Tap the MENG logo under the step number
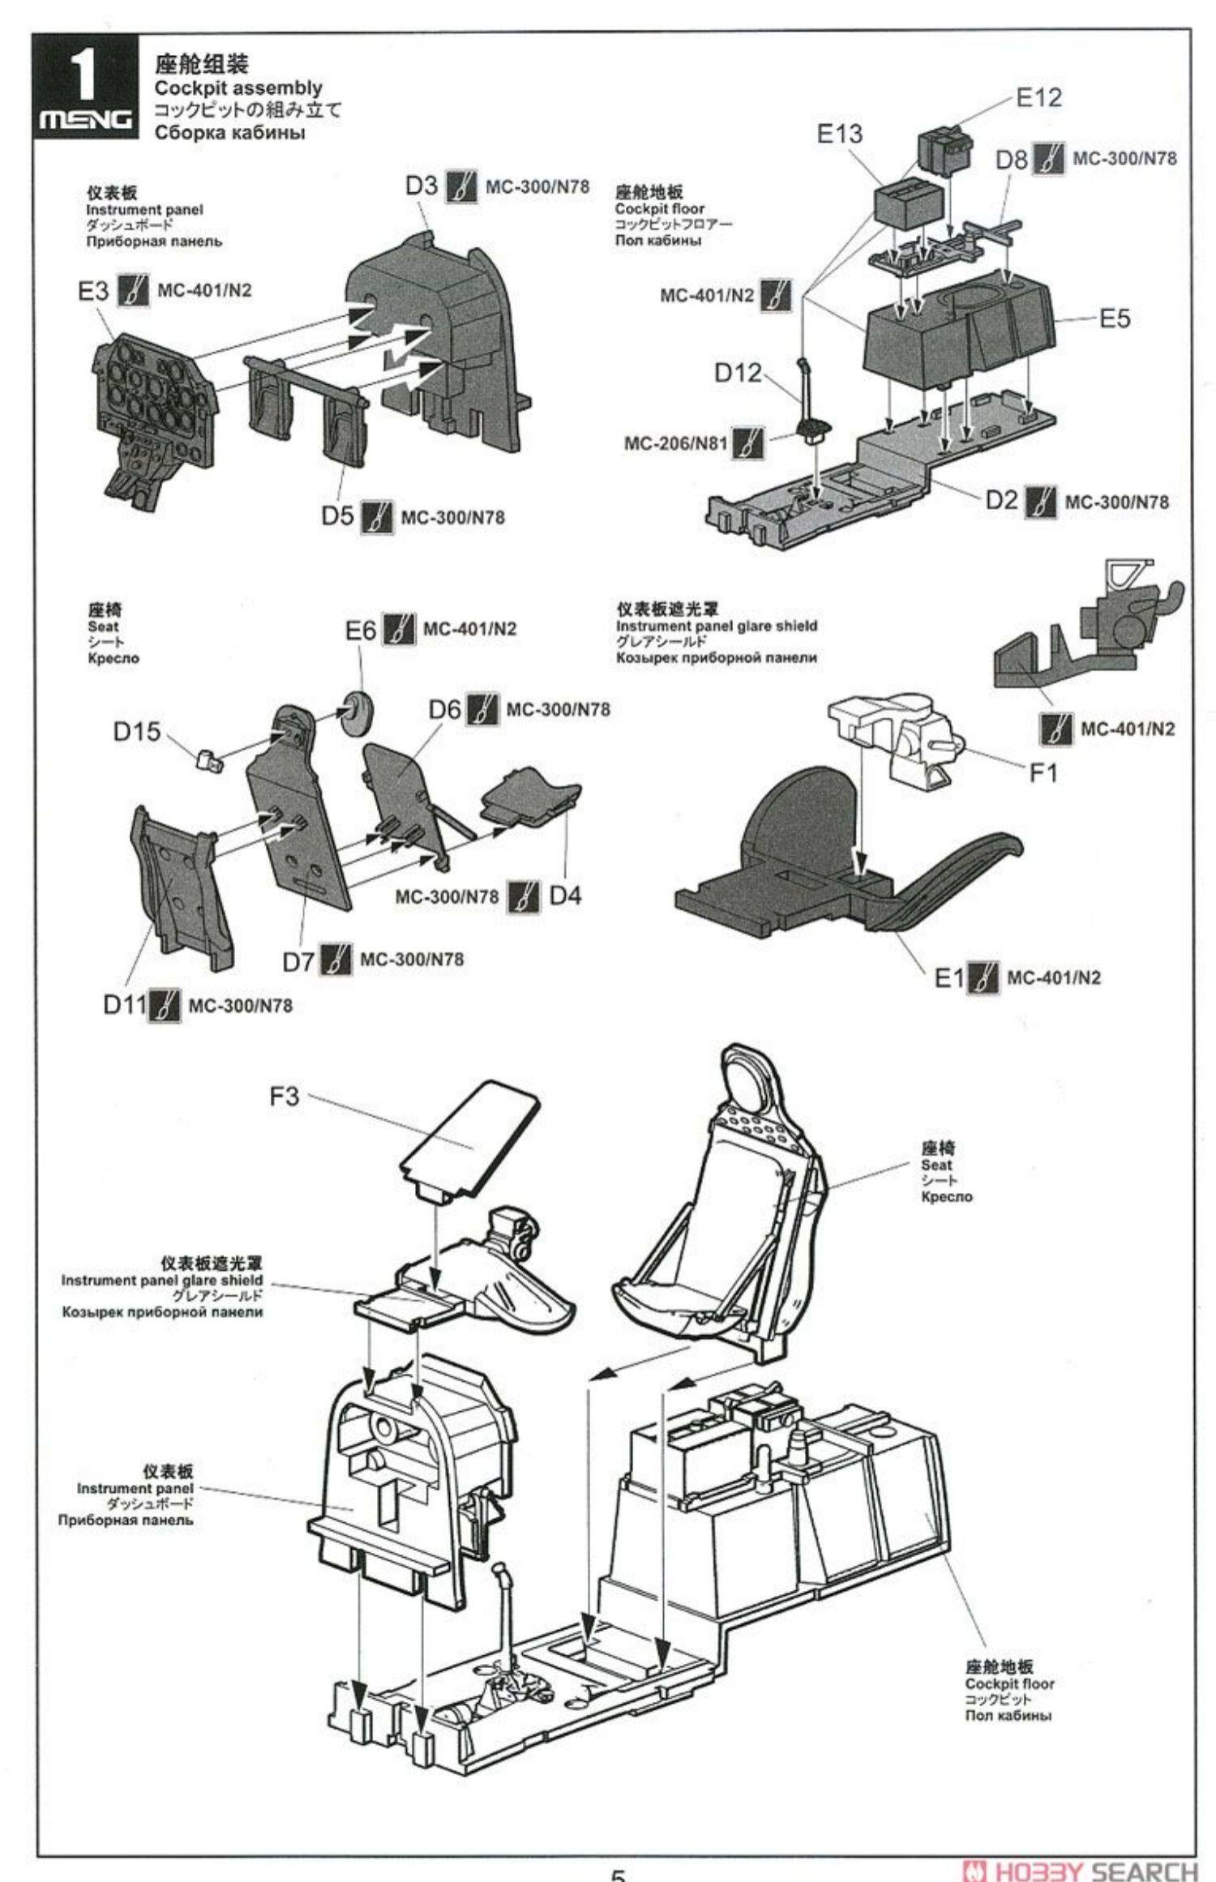pos(87,121)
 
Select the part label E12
pos(1038,98)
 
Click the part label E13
pos(840,134)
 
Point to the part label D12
pos(738,373)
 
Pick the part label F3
pos(285,1097)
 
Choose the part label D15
pos(137,732)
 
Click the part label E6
pos(361,630)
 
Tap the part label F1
pos(1043,773)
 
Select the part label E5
pos(1114,319)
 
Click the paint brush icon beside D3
pos(461,186)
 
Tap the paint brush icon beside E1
pos(983,977)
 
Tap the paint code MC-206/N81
pos(675,444)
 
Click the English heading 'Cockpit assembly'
pos(238,88)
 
